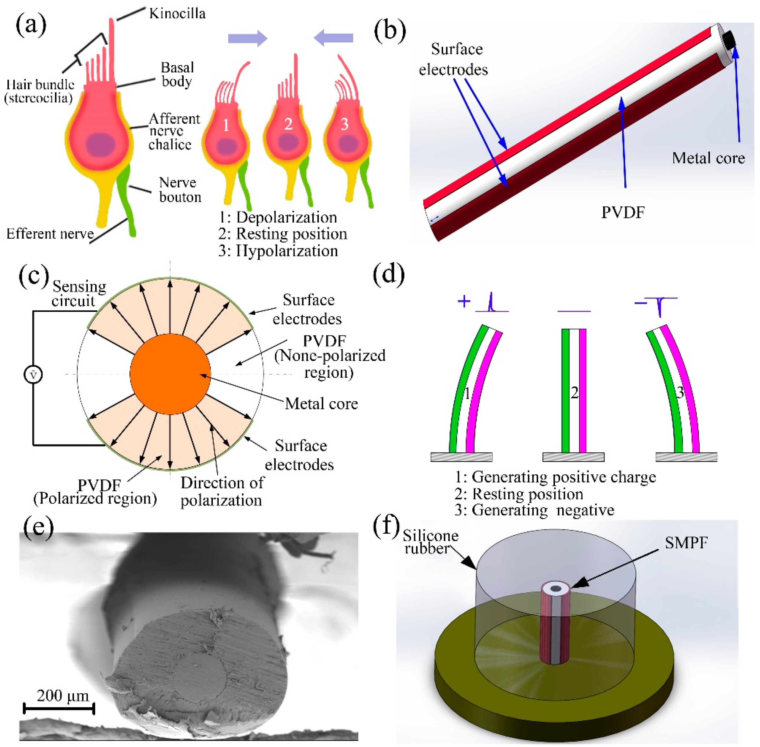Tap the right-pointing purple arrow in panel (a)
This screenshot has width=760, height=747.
(247, 38)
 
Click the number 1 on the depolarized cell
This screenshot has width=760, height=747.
(226, 125)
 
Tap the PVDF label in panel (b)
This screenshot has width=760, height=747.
(623, 212)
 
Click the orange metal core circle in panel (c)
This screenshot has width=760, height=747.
(170, 373)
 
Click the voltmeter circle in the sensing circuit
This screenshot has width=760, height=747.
(33, 374)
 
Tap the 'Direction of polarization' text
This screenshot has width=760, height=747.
(222, 491)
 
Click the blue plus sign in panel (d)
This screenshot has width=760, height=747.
(464, 301)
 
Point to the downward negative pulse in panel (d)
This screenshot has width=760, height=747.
(660, 307)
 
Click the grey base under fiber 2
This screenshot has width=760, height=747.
(573, 457)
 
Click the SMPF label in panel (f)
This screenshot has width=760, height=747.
(686, 543)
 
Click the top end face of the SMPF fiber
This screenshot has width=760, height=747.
(555, 589)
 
